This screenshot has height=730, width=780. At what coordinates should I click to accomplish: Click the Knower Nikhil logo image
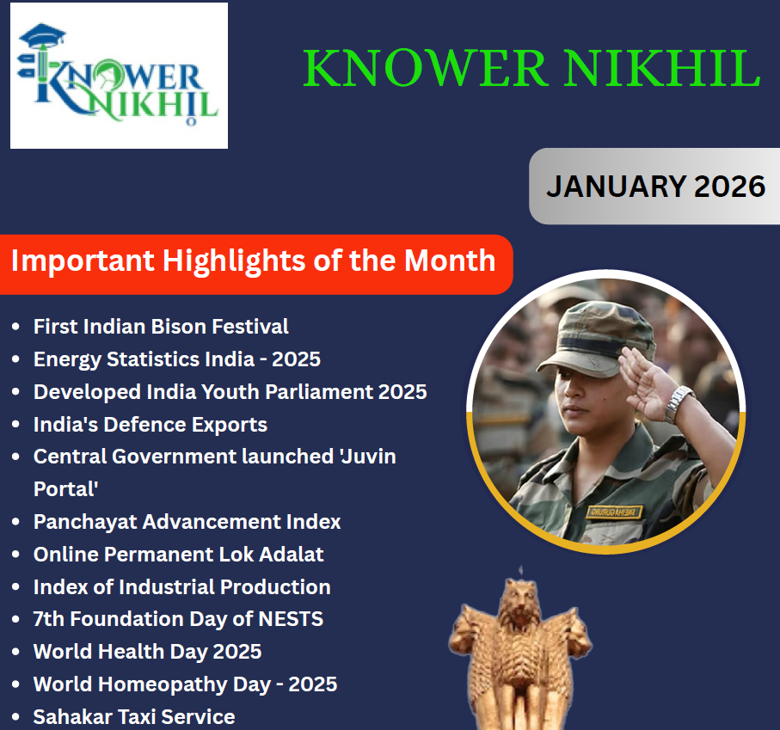click(119, 76)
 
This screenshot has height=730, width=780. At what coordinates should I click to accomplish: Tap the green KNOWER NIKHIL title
click(531, 70)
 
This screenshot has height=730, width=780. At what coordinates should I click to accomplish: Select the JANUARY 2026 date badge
click(655, 186)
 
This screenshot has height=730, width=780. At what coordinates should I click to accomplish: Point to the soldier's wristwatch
click(679, 402)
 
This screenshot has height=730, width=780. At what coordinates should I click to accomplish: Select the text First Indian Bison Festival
click(161, 327)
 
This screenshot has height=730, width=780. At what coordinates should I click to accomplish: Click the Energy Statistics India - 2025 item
click(176, 359)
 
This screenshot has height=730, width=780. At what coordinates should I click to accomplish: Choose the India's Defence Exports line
click(150, 425)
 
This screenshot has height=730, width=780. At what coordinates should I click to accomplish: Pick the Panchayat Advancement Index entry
click(187, 522)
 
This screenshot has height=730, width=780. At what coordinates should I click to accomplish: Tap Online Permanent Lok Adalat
click(178, 555)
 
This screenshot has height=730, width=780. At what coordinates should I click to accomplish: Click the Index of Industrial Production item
click(181, 587)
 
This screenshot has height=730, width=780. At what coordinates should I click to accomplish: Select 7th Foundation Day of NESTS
click(178, 619)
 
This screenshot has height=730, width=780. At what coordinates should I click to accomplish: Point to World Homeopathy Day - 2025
click(185, 684)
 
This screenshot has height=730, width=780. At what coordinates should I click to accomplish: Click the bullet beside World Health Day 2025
click(16, 653)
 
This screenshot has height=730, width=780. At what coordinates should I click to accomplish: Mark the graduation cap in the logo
click(42, 37)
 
